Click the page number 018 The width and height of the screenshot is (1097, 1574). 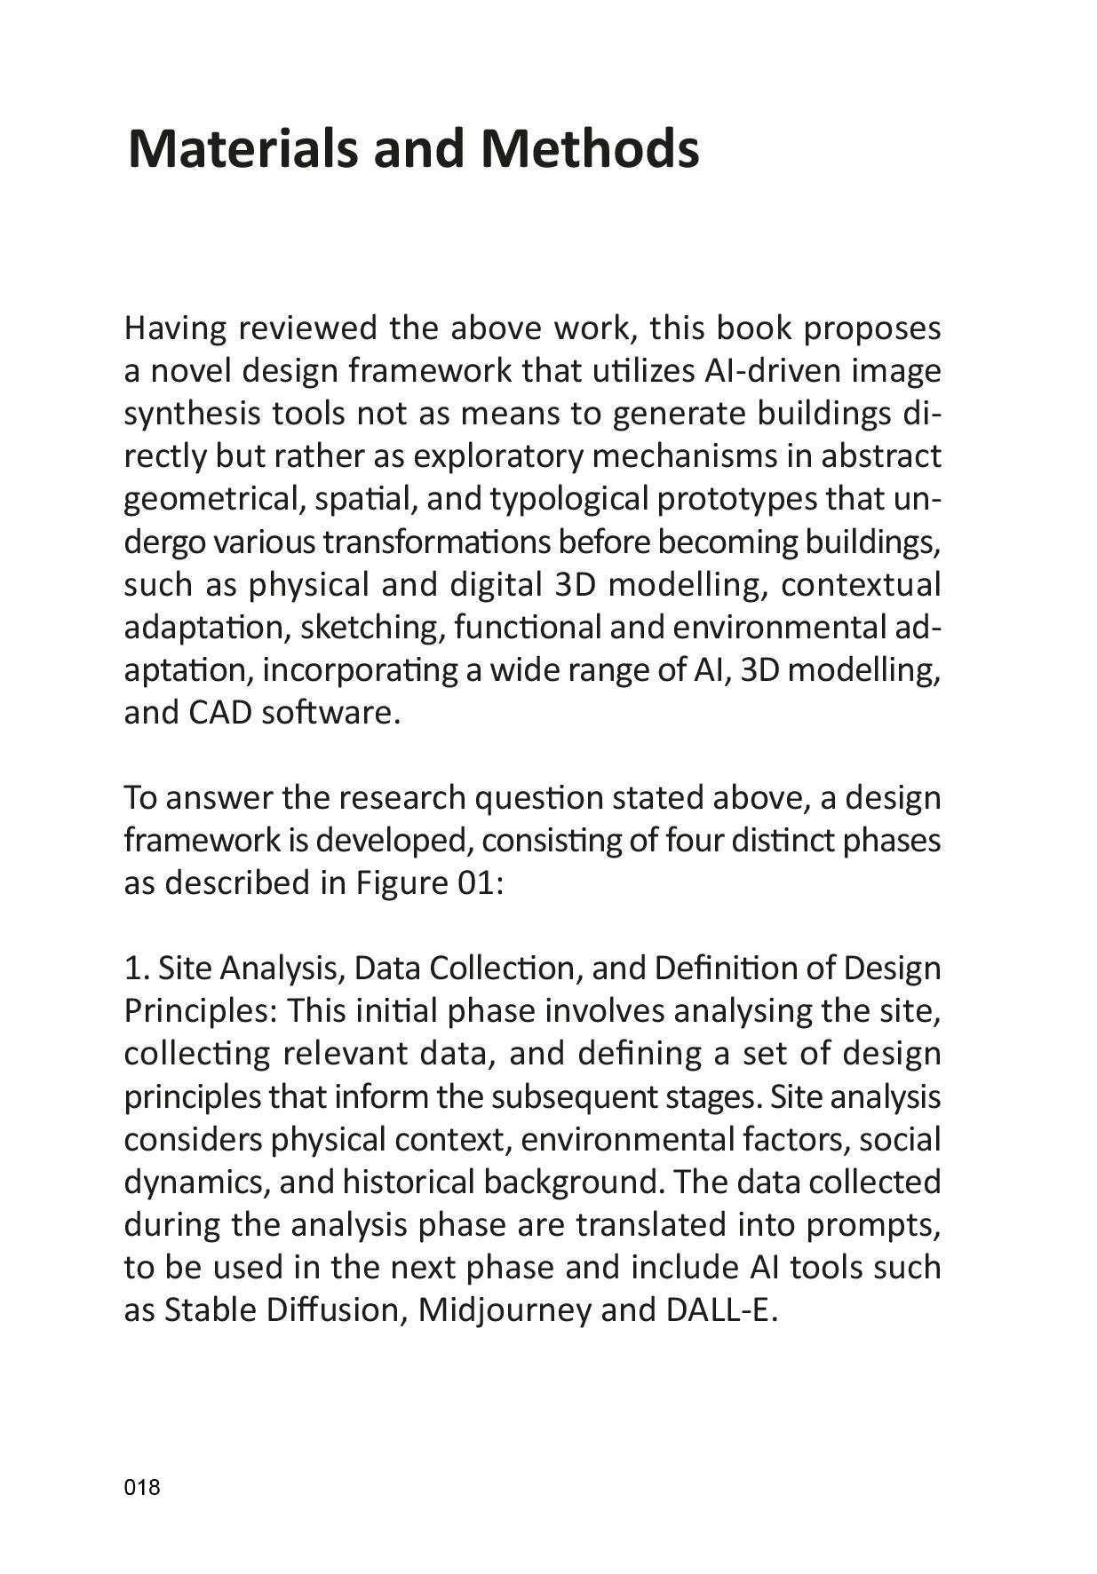point(142,1487)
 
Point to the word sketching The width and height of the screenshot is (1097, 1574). point(370,628)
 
